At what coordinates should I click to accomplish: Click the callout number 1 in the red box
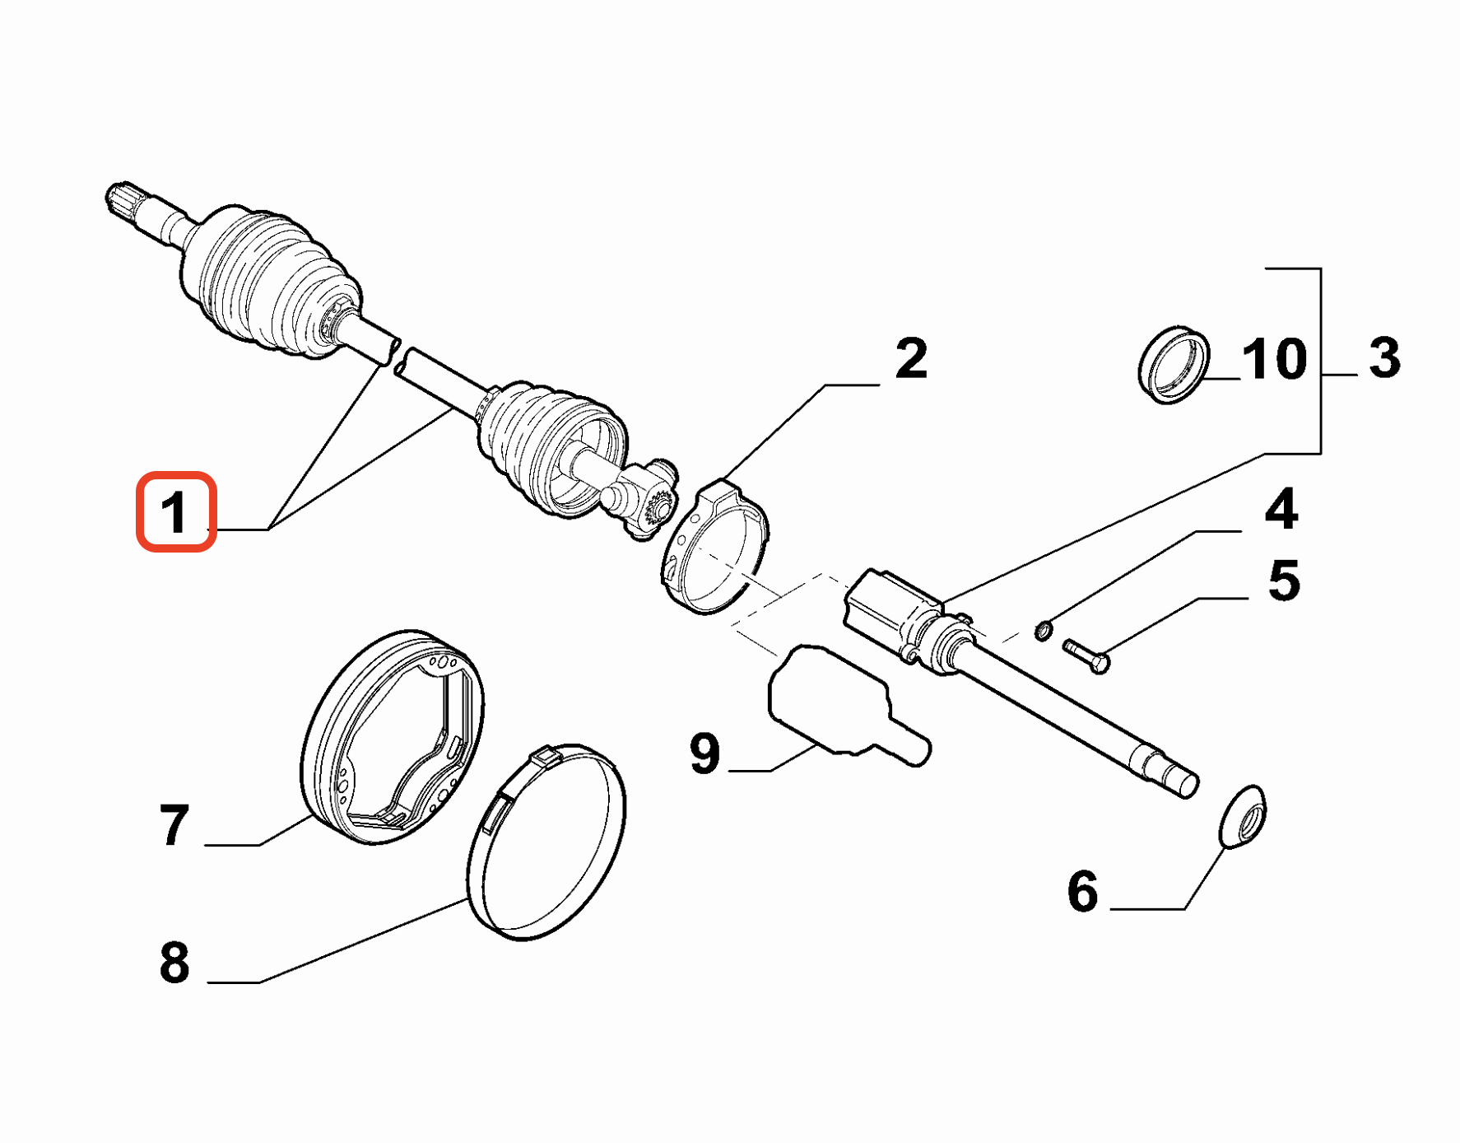175,512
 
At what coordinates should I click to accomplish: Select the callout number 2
911,359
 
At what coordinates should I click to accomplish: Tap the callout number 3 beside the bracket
1385,358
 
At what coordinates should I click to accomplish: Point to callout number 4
1281,509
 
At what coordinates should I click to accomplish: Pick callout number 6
1082,891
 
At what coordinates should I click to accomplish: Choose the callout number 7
174,825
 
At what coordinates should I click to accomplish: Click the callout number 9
704,753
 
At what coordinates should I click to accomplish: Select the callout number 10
1274,359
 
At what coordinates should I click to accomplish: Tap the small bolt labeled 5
1086,655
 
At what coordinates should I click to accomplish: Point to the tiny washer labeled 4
1044,631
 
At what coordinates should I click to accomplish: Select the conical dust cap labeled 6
1243,816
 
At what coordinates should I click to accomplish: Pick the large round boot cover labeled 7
393,737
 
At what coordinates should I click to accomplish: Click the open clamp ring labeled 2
714,548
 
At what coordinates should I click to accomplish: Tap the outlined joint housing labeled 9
831,702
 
